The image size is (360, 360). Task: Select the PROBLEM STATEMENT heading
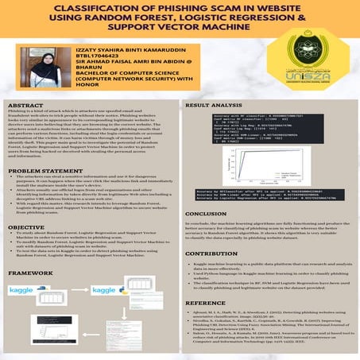pos(45,171)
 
